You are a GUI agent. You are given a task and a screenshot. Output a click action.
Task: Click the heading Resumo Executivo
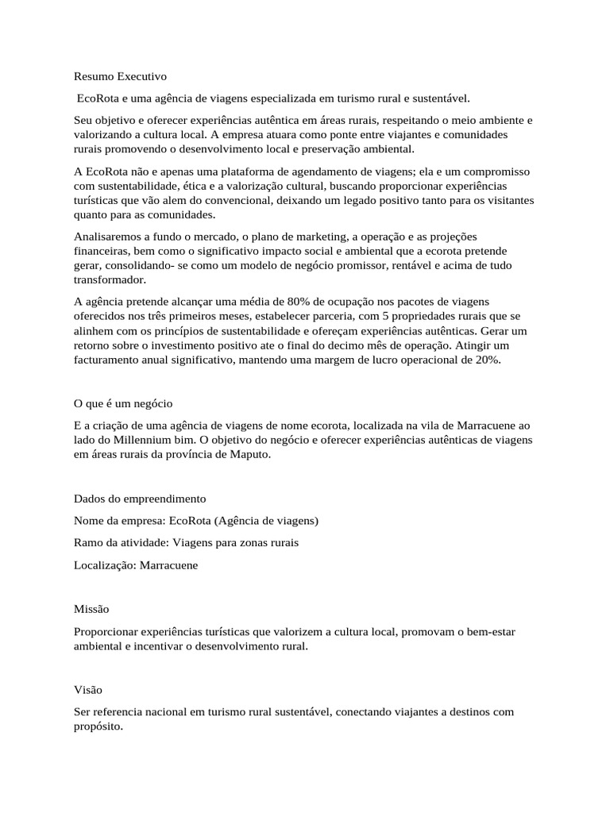tap(120, 78)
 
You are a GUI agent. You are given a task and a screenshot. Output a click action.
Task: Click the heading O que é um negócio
tap(122, 403)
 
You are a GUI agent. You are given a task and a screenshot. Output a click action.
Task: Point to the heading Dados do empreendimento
tap(139, 499)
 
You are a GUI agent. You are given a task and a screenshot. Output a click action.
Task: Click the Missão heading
tap(91, 609)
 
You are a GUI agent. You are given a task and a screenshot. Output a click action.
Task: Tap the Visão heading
tap(87, 690)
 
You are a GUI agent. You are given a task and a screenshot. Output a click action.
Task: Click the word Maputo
tap(249, 455)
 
